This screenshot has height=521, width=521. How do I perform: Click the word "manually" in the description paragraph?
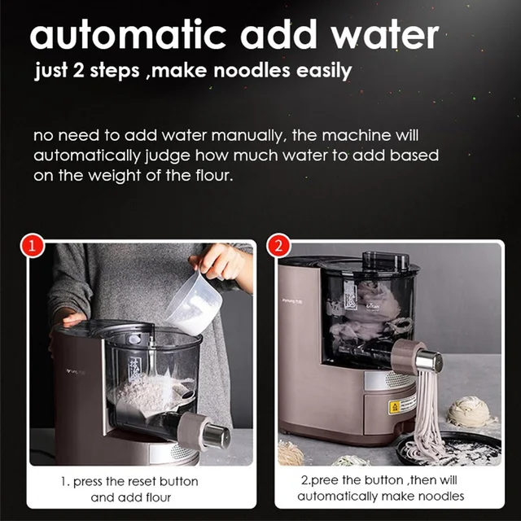pos(279,135)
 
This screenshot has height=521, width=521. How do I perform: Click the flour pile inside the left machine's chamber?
pos(147,395)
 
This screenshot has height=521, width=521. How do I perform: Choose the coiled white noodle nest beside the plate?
pos(471,412)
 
